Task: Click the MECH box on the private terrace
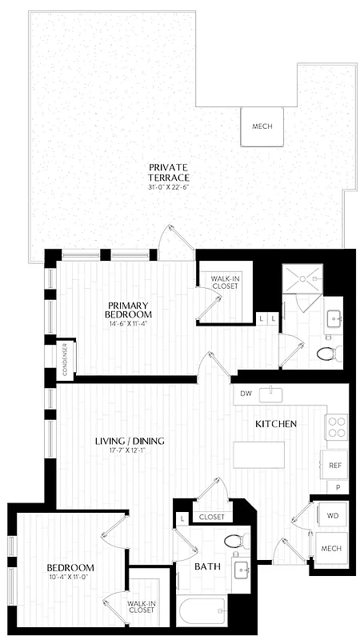click(x=262, y=126)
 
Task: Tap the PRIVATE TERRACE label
click(x=169, y=172)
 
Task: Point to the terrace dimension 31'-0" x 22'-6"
click(x=169, y=187)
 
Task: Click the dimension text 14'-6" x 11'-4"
click(x=130, y=326)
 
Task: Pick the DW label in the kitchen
click(x=246, y=394)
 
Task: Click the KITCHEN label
click(x=277, y=423)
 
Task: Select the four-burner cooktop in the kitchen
click(x=336, y=426)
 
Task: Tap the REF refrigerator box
click(x=334, y=464)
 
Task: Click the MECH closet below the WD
click(x=330, y=548)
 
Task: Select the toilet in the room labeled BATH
click(x=233, y=542)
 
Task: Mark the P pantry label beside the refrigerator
click(x=338, y=486)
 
